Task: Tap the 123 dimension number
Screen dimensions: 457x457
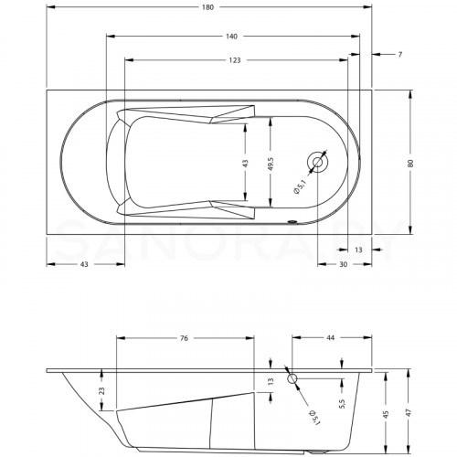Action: point(234,60)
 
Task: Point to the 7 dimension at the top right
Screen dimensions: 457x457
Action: point(400,56)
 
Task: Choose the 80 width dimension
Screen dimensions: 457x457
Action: point(412,162)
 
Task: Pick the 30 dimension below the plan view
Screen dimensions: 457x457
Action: point(344,265)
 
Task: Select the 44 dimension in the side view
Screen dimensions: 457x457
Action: point(330,339)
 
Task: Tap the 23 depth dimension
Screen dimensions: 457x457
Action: point(102,390)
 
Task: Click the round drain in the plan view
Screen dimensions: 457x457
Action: point(318,163)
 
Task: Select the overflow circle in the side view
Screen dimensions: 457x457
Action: point(292,377)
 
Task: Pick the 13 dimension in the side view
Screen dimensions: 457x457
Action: point(270,382)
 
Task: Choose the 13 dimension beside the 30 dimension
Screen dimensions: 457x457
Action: point(357,249)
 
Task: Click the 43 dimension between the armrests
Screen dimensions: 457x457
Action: point(245,163)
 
